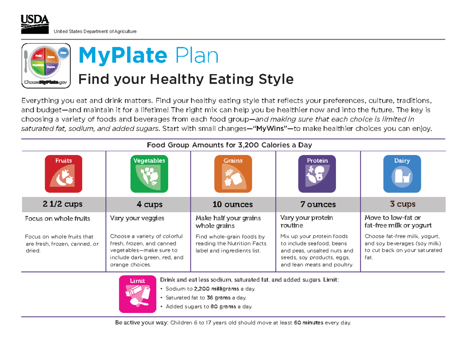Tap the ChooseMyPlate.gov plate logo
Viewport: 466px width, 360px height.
click(x=46, y=64)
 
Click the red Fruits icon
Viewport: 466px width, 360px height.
click(x=63, y=174)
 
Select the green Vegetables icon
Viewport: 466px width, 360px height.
click(x=149, y=174)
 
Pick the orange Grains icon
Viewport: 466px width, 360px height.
click(x=233, y=174)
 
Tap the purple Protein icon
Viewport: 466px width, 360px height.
click(x=317, y=174)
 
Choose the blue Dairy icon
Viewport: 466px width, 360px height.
click(x=402, y=174)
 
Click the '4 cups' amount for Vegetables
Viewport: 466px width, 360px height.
click(x=149, y=204)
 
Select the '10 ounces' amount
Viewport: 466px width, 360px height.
click(x=233, y=204)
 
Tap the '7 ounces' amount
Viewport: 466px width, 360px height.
click(x=318, y=204)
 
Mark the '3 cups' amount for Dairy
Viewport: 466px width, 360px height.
click(x=403, y=204)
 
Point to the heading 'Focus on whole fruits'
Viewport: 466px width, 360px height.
click(x=57, y=219)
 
